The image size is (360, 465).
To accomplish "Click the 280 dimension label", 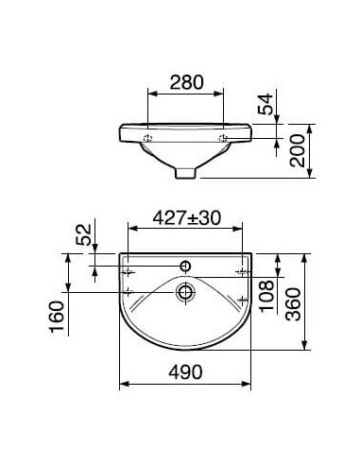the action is [x=187, y=82].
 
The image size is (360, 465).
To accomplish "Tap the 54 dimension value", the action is [x=265, y=104].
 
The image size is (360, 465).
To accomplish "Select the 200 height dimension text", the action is [x=298, y=150].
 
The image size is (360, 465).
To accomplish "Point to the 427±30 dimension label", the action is [x=187, y=218].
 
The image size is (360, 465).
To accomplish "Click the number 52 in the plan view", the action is [x=84, y=234].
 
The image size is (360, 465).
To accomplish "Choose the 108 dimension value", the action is [x=266, y=296].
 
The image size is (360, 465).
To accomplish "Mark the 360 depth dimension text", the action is [x=293, y=304].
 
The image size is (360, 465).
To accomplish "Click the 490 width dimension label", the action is [x=185, y=372].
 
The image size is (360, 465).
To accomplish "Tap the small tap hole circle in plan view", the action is [x=185, y=267].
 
